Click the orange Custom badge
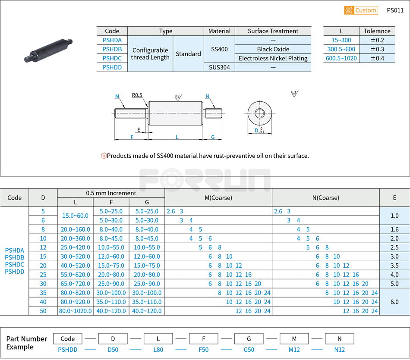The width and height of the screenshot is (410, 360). coord(361,10)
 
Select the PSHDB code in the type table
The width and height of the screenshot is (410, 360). coord(112,49)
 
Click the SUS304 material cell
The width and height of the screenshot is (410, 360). coord(219,67)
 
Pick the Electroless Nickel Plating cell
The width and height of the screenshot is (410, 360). coord(273,58)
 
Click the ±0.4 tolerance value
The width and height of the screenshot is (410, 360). coord(377,58)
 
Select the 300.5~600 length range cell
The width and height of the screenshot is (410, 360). coord(341,49)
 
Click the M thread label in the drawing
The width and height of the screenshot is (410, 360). coord(117,96)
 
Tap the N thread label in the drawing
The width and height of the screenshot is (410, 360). coord(207,96)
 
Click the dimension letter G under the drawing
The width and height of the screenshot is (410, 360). coord(213,137)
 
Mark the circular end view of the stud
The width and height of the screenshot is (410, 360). coord(259,113)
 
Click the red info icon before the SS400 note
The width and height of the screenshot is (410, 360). coord(104,156)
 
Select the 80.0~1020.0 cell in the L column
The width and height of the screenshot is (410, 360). coord(75,311)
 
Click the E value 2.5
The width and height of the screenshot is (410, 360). coord(394,247)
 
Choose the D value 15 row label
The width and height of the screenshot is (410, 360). coord(43,257)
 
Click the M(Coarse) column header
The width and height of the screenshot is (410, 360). coord(218,198)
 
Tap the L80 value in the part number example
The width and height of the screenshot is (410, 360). coord(158,350)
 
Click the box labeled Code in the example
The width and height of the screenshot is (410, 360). coord(68,338)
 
